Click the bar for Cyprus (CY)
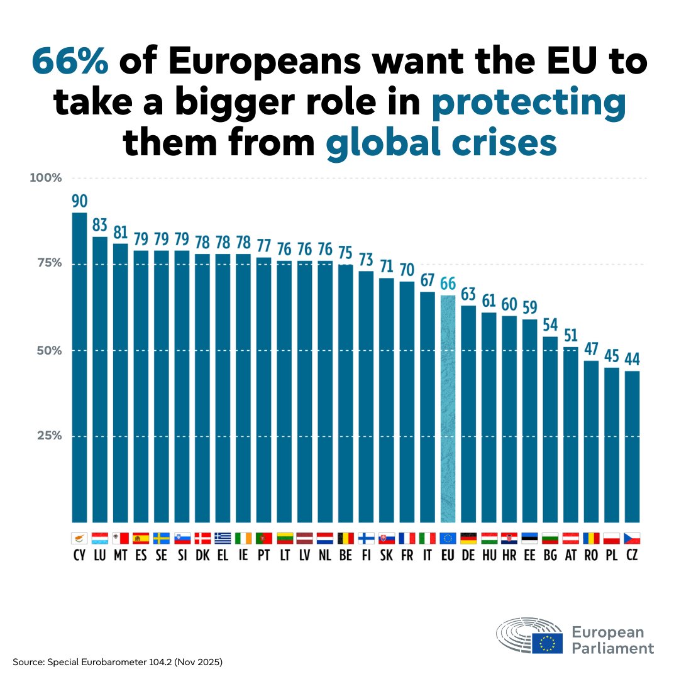coord(79,368)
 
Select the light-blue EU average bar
coord(448,409)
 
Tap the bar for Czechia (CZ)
coord(632,446)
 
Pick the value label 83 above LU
coord(100,225)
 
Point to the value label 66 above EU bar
coord(448,284)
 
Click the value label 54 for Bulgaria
coord(550,325)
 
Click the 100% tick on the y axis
coord(46,178)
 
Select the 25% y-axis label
coord(48,436)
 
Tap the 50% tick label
coord(48,350)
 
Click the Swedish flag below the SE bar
coord(161,538)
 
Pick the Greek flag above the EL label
coord(223,538)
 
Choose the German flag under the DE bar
coord(468,538)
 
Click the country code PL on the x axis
coord(612,556)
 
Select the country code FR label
coord(407,556)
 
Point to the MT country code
coord(120,556)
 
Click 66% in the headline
coord(70,62)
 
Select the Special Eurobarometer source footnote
coord(117,663)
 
